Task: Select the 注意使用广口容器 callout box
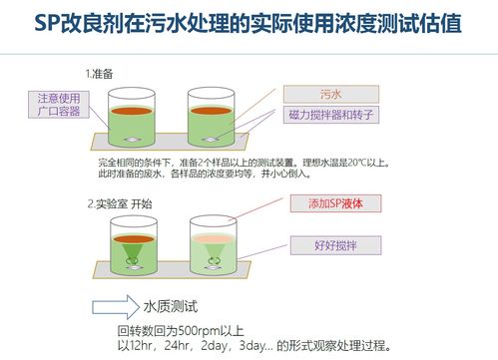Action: [59, 104]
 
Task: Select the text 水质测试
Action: [174, 304]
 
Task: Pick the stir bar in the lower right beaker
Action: [213, 264]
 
